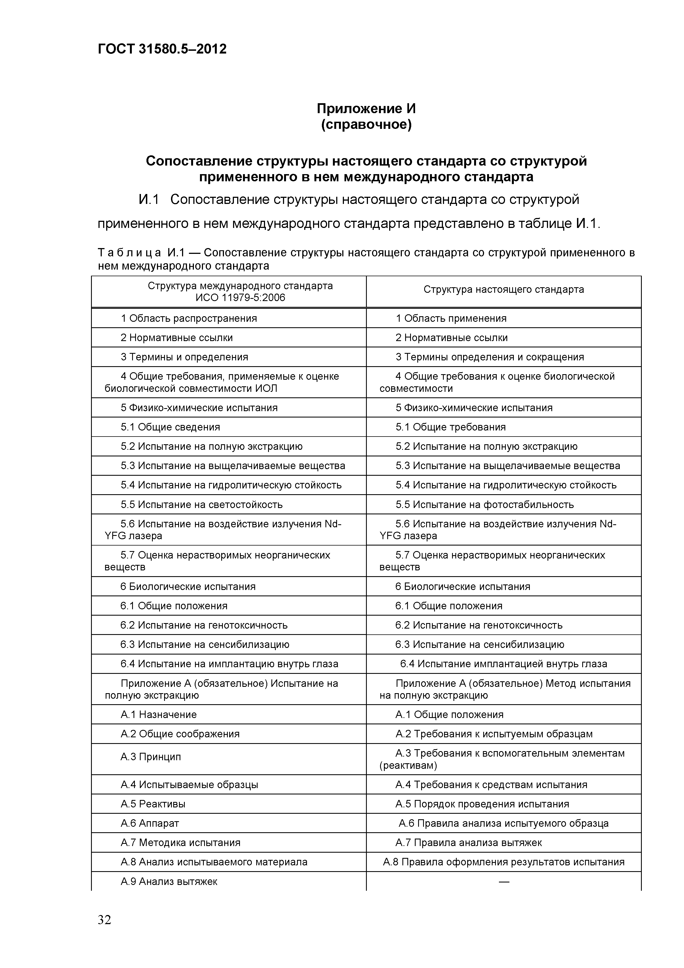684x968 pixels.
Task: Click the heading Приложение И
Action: pos(366,109)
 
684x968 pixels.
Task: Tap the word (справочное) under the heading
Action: pos(366,125)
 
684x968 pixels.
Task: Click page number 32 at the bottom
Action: pos(105,919)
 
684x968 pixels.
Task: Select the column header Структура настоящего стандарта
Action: pos(504,289)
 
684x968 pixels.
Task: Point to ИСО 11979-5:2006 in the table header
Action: pos(240,298)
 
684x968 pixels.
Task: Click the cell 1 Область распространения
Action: pos(189,318)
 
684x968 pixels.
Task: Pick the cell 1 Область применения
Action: pos(451,318)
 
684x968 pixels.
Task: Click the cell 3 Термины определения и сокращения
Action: pos(490,357)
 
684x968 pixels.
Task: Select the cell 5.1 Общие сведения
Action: pos(170,427)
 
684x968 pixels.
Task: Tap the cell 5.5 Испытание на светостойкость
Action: pos(201,505)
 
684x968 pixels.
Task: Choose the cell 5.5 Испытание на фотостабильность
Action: pos(485,505)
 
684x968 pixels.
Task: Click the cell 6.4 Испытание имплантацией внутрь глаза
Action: pos(504,664)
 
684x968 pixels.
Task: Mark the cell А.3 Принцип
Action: pos(151,757)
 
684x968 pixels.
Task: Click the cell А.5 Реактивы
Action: pos(153,804)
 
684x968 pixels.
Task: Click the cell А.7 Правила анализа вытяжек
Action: pos(469,843)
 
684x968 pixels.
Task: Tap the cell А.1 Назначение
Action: pos(159,715)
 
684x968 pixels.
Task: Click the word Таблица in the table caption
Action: pos(129,252)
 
